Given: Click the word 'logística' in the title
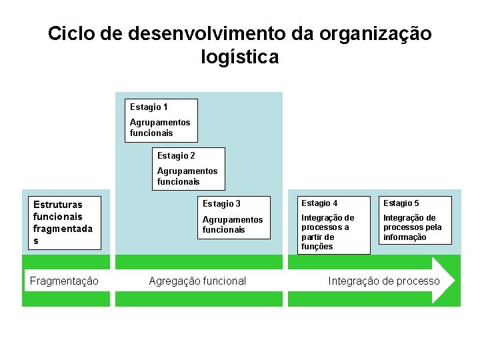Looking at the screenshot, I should coord(239,57).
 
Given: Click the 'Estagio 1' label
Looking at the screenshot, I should coord(149,107).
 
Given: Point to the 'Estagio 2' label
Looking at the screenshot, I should coord(176,155).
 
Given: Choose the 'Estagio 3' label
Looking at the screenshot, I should coord(221,203).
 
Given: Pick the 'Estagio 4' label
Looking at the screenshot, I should coord(319,203).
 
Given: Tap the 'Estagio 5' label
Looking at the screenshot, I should coord(401,203).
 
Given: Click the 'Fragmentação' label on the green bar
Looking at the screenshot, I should coord(64,281).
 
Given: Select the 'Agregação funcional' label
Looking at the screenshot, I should coord(197,281).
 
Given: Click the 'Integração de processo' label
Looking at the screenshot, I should coord(384,281).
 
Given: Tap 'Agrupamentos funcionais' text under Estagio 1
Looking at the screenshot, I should coord(160,127).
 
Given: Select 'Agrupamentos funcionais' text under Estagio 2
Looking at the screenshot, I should coord(187,176).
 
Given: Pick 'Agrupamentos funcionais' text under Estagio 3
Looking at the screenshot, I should coord(233,225).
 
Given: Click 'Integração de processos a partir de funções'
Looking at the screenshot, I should coord(327,232).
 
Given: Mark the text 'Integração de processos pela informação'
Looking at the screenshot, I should coord(412,227).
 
